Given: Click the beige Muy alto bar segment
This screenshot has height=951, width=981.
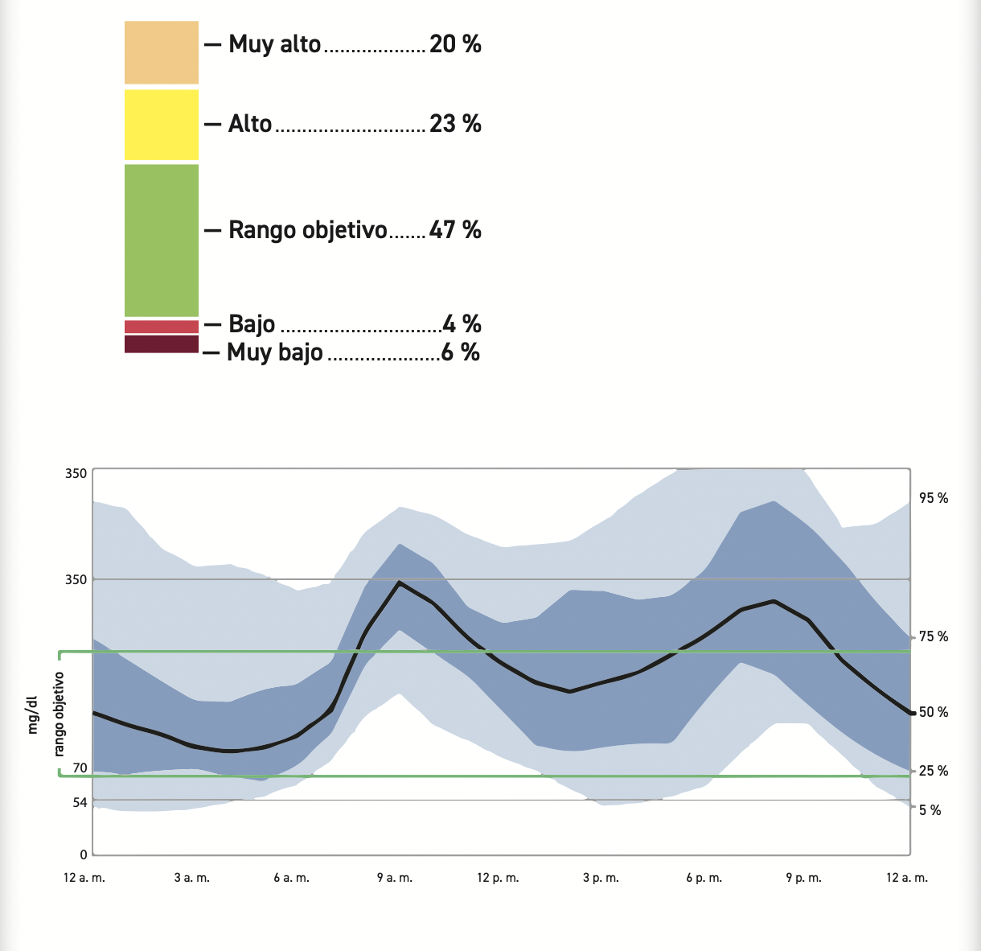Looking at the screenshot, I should pyautogui.click(x=161, y=52).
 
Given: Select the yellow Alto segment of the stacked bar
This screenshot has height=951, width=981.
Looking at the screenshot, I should pyautogui.click(x=161, y=125).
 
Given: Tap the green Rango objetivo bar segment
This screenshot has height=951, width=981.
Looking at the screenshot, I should pyautogui.click(x=161, y=240).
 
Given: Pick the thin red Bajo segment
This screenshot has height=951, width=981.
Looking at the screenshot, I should pyautogui.click(x=161, y=327).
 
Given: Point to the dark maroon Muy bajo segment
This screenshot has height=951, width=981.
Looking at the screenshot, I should pyautogui.click(x=161, y=344).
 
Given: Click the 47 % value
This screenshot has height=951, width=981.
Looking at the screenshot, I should pyautogui.click(x=455, y=230).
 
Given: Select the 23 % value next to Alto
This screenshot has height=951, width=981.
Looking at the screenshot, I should pyautogui.click(x=455, y=124).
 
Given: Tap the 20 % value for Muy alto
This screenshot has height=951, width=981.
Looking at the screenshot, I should pyautogui.click(x=455, y=44).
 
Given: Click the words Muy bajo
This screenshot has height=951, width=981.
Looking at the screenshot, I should pyautogui.click(x=275, y=352).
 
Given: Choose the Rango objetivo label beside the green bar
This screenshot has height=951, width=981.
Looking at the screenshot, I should pyautogui.click(x=308, y=230).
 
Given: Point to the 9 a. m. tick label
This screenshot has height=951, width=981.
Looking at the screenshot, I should pyautogui.click(x=395, y=878).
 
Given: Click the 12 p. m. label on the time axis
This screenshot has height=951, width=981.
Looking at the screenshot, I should pyautogui.click(x=499, y=878).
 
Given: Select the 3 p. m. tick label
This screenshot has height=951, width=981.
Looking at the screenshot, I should pyautogui.click(x=601, y=878).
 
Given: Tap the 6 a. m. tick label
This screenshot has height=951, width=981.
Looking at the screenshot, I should pyautogui.click(x=291, y=878).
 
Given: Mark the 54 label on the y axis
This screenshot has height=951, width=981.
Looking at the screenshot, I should pyautogui.click(x=80, y=802).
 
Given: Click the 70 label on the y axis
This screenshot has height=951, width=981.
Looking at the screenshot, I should pyautogui.click(x=80, y=768).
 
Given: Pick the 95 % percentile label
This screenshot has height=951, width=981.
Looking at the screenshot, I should pyautogui.click(x=934, y=499).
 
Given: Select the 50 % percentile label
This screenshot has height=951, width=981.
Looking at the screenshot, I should pyautogui.click(x=934, y=712).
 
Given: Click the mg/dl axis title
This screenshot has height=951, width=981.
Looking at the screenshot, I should pyautogui.click(x=33, y=715).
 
